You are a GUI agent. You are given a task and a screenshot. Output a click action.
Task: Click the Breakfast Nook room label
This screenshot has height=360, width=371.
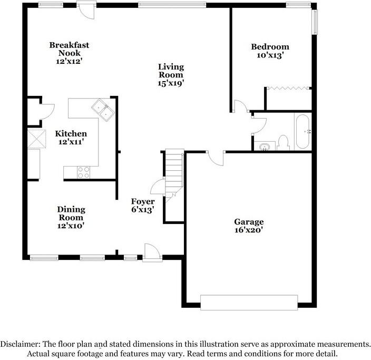click(69, 49)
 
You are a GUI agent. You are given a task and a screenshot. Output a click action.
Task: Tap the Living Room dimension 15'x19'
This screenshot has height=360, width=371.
click(171, 83)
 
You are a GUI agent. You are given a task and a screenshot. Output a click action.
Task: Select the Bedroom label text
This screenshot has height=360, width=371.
click(269, 46)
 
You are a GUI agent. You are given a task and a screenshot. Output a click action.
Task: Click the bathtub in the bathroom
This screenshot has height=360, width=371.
click(303, 131)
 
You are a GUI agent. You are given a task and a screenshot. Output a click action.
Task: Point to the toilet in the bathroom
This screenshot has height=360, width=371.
click(283, 142)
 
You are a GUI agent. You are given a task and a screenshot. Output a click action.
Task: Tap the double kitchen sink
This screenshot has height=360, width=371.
click(102, 109)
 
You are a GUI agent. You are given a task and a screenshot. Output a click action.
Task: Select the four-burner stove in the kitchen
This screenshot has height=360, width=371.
click(83, 171)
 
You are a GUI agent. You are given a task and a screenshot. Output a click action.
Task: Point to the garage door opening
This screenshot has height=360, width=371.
click(248, 302)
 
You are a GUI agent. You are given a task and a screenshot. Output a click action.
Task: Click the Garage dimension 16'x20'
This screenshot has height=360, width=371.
click(249, 230)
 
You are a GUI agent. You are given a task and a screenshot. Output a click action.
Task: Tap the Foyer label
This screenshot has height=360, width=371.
click(143, 202)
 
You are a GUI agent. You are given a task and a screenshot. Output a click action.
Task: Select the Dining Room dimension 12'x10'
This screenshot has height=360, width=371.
click(71, 226)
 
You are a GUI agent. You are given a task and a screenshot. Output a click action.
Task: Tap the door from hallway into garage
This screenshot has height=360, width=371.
click(216, 157)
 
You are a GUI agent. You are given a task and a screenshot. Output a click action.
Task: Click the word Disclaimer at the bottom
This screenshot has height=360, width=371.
click(20, 344)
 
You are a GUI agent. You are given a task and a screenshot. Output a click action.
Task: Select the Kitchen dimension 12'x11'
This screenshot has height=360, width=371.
click(71, 142)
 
